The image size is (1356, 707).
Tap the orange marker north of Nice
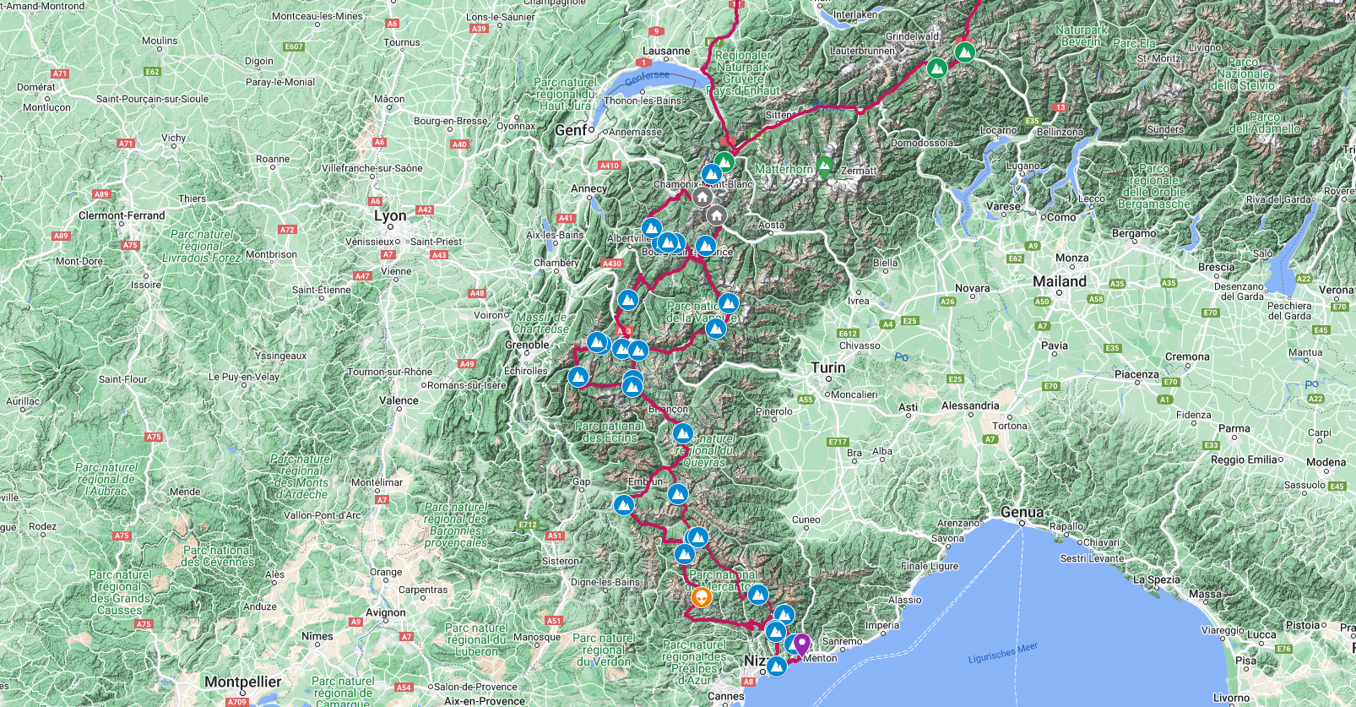pyautogui.click(x=701, y=598)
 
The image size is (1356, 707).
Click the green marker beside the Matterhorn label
pyautogui.click(x=824, y=166)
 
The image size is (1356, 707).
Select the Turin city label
pyautogui.click(x=827, y=367)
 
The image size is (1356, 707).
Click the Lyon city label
pyautogui.click(x=390, y=216)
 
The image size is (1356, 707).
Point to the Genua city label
pyautogui.click(x=1022, y=513)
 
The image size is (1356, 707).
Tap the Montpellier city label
pyautogui.click(x=242, y=682)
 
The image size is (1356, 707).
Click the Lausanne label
pyautogui.click(x=666, y=51)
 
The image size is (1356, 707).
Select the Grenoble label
pyautogui.click(x=527, y=345)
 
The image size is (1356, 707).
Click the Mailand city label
pyautogui.click(x=1060, y=281)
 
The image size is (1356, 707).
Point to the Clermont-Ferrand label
pyautogui.click(x=122, y=215)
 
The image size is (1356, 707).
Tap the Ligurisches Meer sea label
pyautogui.click(x=1002, y=653)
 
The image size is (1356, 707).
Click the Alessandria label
pyautogui.click(x=970, y=405)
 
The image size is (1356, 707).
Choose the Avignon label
pyautogui.click(x=386, y=612)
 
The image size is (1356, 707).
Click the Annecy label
pyautogui.click(x=589, y=188)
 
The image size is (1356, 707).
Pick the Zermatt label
pyautogui.click(x=859, y=171)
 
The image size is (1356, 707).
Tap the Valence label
pyautogui.click(x=399, y=400)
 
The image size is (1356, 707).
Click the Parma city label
pyautogui.click(x=1234, y=428)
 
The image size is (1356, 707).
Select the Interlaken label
pyautogui.click(x=854, y=14)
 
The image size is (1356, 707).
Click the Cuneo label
pyautogui.click(x=805, y=519)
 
